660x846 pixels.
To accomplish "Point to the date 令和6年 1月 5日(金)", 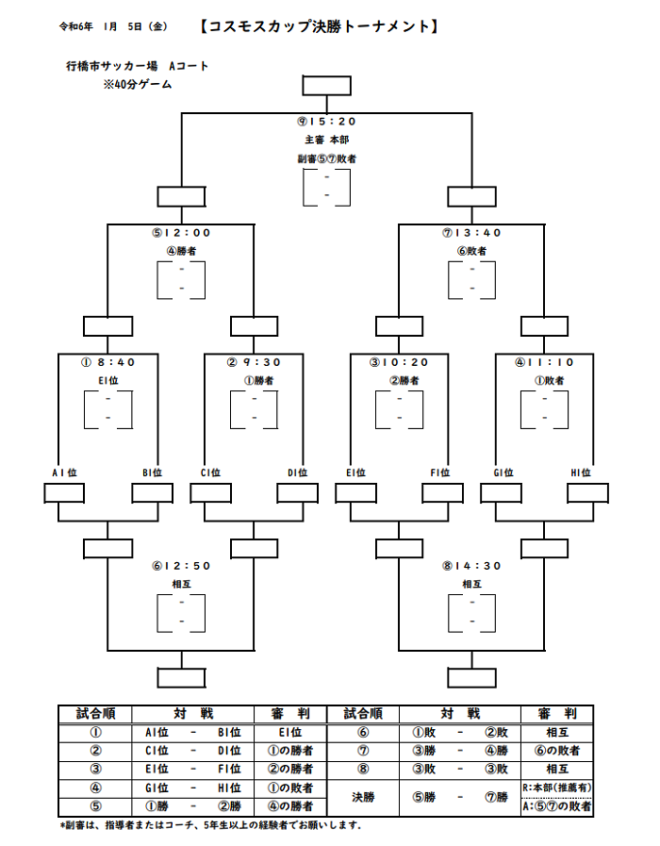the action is (114, 26).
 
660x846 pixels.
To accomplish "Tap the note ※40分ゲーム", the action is (138, 84).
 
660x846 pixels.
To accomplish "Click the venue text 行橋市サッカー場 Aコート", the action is (137, 66).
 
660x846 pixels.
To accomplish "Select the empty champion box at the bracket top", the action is (327, 86).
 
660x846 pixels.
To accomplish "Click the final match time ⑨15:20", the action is (327, 122).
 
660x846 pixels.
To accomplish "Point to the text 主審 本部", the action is (327, 140).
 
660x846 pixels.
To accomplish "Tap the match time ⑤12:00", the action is (181, 233).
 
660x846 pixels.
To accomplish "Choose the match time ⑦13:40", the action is (471, 233).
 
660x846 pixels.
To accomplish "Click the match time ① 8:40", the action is (107, 362).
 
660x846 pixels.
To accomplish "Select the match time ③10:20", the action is (399, 362).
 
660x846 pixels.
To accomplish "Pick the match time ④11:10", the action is (544, 362).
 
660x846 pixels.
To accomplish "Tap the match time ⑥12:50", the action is (181, 566).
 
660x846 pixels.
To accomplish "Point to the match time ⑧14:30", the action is (471, 566).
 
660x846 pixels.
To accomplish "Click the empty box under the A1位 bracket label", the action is (64, 493).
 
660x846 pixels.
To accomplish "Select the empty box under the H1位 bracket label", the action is (587, 493).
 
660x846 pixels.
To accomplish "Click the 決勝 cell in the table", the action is (363, 797).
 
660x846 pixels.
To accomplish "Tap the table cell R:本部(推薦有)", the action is (557, 788).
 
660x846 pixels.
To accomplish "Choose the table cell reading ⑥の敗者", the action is (557, 751).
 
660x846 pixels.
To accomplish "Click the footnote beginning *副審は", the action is (210, 825).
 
